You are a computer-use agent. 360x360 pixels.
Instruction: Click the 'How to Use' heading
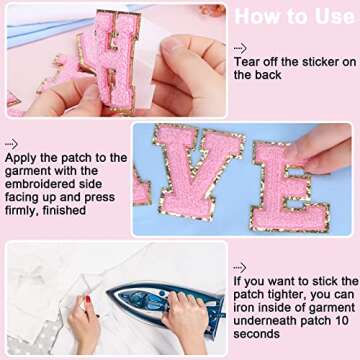pos(295,18)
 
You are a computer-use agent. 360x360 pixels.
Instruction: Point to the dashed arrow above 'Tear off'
pos(240,48)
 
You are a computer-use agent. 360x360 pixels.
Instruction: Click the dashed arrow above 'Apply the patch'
pos(11,143)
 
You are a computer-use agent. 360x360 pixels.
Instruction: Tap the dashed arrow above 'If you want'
pos(240,268)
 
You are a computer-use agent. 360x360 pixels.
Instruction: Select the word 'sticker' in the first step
pos(316,62)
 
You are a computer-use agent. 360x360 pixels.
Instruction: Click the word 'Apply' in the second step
pos(21,158)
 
